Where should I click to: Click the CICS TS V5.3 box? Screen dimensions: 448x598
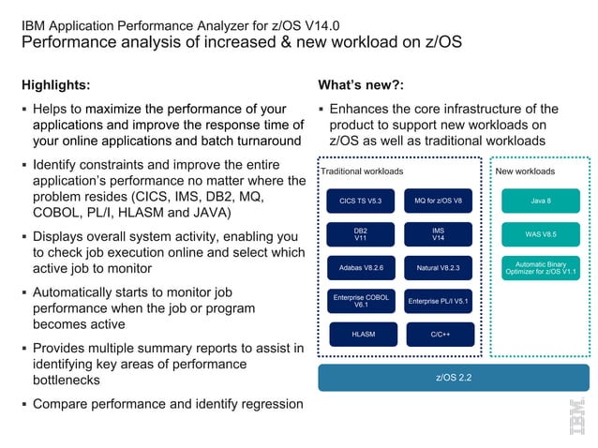(x=361, y=201)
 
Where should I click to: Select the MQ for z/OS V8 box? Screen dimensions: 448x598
(x=439, y=201)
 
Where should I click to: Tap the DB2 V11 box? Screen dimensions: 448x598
(x=361, y=234)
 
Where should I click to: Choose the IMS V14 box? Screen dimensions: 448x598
(x=439, y=234)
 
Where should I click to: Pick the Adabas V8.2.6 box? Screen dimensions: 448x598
(x=361, y=268)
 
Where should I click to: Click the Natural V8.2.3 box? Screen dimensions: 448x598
(x=439, y=268)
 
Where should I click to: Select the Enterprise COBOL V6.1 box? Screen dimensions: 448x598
(x=361, y=301)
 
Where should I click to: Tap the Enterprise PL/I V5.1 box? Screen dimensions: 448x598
(x=439, y=301)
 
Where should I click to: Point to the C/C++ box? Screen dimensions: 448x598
(x=439, y=334)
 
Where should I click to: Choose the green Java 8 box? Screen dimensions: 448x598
(x=540, y=201)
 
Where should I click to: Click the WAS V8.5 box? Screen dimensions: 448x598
(x=540, y=234)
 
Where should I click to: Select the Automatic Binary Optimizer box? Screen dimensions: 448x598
(x=540, y=268)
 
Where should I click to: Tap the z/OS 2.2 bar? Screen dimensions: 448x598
(x=454, y=377)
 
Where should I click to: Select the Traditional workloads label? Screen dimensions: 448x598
(x=362, y=172)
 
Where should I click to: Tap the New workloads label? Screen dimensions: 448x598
(x=524, y=172)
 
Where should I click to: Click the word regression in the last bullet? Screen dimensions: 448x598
(x=269, y=404)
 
